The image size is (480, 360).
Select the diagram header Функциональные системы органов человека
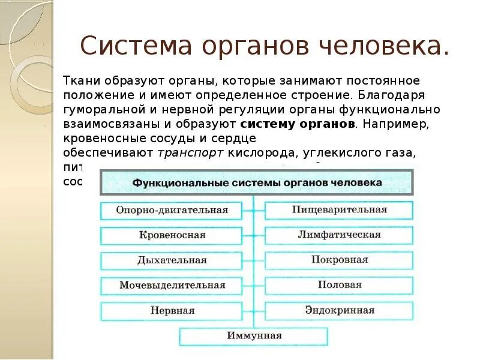[256, 182]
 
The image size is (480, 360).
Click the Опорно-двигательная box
[172, 210]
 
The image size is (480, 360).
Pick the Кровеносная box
[172, 235]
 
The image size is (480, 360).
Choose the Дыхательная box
[172, 260]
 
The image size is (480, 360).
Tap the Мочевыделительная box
[172, 286]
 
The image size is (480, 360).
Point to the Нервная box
[172, 311]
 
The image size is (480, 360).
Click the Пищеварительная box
[339, 210]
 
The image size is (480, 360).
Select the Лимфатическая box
[339, 235]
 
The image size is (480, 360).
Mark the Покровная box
[339, 260]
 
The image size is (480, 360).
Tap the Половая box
[339, 286]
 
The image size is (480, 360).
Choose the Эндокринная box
[339, 311]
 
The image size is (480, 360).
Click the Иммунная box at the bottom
[254, 336]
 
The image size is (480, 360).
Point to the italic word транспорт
[190, 153]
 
